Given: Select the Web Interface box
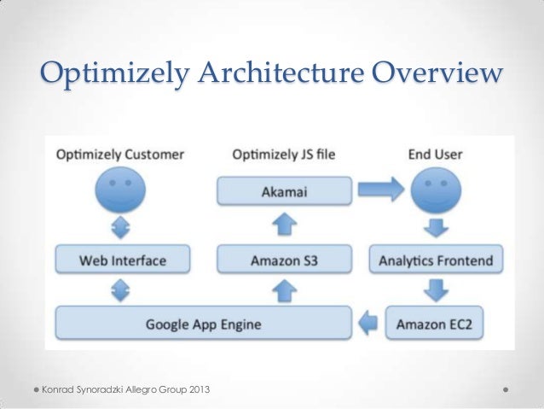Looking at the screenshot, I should pos(119,259).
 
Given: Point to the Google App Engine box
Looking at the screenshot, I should pos(203,324).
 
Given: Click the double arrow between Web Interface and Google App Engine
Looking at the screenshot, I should pos(119,291).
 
